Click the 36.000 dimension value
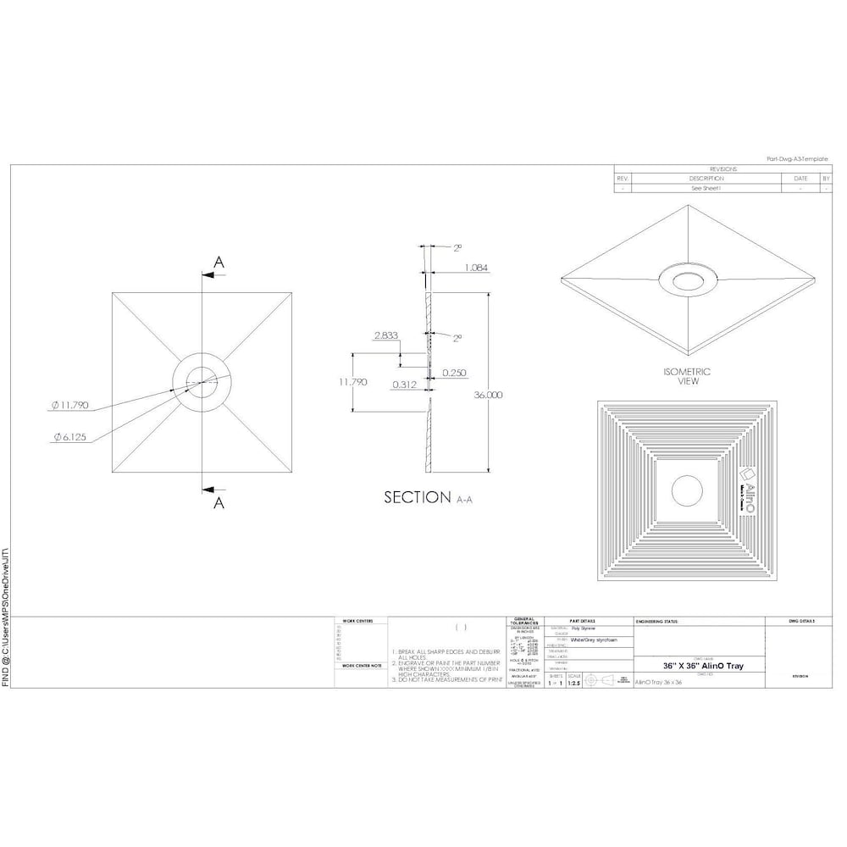click(489, 395)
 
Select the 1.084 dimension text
click(477, 268)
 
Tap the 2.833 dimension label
click(385, 335)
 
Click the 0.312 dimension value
click(403, 384)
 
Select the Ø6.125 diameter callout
click(69, 437)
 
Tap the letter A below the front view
click(219, 502)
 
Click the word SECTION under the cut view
click(417, 498)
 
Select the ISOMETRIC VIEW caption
click(687, 377)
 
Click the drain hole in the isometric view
click(686, 280)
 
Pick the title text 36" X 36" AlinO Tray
click(703, 667)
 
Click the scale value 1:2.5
click(573, 681)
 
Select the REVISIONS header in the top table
click(722, 169)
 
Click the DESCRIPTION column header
click(706, 179)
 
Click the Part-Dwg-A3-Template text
click(796, 159)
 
